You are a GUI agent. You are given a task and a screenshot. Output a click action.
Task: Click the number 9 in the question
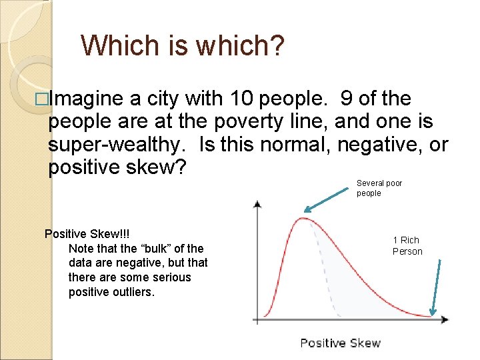coord(346,99)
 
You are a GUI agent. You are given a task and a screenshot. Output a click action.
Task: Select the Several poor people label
coord(379,188)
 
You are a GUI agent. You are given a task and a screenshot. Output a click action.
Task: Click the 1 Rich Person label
coord(407,245)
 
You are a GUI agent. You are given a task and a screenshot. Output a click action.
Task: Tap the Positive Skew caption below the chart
coord(340,343)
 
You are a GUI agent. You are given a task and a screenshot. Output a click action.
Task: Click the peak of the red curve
coord(303,218)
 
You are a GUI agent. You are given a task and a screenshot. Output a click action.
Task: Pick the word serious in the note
coord(172,277)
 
